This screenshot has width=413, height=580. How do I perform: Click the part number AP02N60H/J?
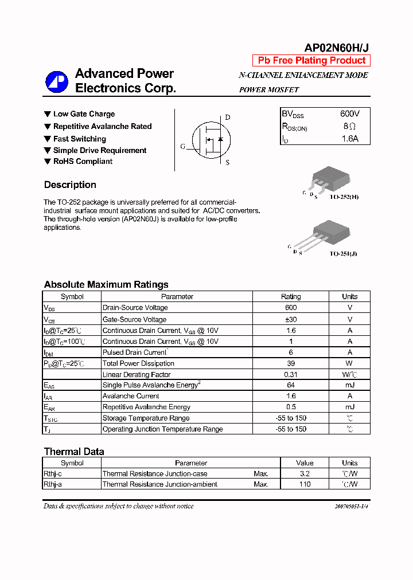(x=336, y=49)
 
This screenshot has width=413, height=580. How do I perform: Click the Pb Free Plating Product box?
(x=311, y=61)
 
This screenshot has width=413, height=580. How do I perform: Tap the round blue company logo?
(x=57, y=82)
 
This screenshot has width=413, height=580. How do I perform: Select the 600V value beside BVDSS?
(x=349, y=114)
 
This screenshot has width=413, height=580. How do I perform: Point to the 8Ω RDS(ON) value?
(x=349, y=126)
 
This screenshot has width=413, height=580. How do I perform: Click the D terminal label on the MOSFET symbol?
(x=227, y=117)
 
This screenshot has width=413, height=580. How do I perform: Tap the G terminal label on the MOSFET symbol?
(x=183, y=147)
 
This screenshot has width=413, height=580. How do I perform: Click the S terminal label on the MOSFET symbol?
(x=227, y=162)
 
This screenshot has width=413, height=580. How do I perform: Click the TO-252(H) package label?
(x=344, y=197)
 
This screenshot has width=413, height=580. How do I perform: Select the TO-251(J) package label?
(x=343, y=253)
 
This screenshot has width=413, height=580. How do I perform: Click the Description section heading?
(x=70, y=185)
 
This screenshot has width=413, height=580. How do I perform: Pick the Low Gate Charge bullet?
(x=84, y=114)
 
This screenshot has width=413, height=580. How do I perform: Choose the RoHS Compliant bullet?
(x=83, y=162)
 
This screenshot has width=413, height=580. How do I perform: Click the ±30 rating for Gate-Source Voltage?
(x=290, y=319)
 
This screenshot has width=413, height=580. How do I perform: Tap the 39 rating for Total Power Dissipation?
(x=290, y=363)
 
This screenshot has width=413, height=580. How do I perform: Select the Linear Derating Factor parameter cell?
(x=137, y=374)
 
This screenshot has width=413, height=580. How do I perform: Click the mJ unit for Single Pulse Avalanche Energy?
(x=349, y=385)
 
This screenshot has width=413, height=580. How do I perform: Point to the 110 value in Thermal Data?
(x=305, y=484)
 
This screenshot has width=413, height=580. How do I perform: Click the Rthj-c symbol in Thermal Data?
(x=53, y=474)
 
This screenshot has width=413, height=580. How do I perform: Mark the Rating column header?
(x=290, y=297)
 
